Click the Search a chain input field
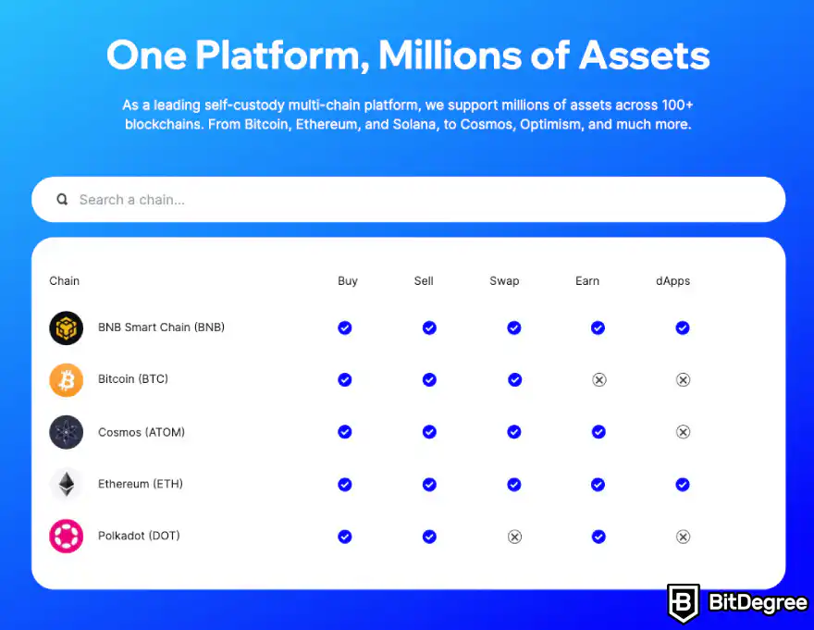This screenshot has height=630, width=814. [x=408, y=200]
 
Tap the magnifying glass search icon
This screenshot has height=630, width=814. [x=62, y=200]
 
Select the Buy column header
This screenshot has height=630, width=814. [x=347, y=281]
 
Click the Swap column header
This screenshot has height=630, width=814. [x=504, y=281]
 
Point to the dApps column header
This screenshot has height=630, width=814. [x=672, y=281]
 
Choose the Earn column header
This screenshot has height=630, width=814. [x=587, y=281]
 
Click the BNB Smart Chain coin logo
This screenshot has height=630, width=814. [x=66, y=327]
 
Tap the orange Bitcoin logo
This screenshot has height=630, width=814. [x=66, y=379]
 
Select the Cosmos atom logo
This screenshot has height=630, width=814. [x=66, y=432]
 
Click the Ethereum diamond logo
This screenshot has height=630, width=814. [x=66, y=484]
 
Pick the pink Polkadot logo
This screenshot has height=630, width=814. [x=66, y=536]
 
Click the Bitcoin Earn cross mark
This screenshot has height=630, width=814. [x=599, y=379]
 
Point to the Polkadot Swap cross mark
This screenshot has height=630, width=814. [x=514, y=537]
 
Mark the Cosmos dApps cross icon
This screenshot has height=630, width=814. [x=684, y=432]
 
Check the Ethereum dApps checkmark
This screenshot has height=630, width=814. [x=683, y=485]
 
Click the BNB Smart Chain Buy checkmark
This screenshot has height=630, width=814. [x=345, y=327]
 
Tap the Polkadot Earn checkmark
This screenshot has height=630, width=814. [x=598, y=537]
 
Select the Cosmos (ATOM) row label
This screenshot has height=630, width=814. [x=142, y=432]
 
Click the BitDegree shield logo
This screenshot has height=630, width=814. [x=684, y=603]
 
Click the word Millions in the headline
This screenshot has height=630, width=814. [x=450, y=56]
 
